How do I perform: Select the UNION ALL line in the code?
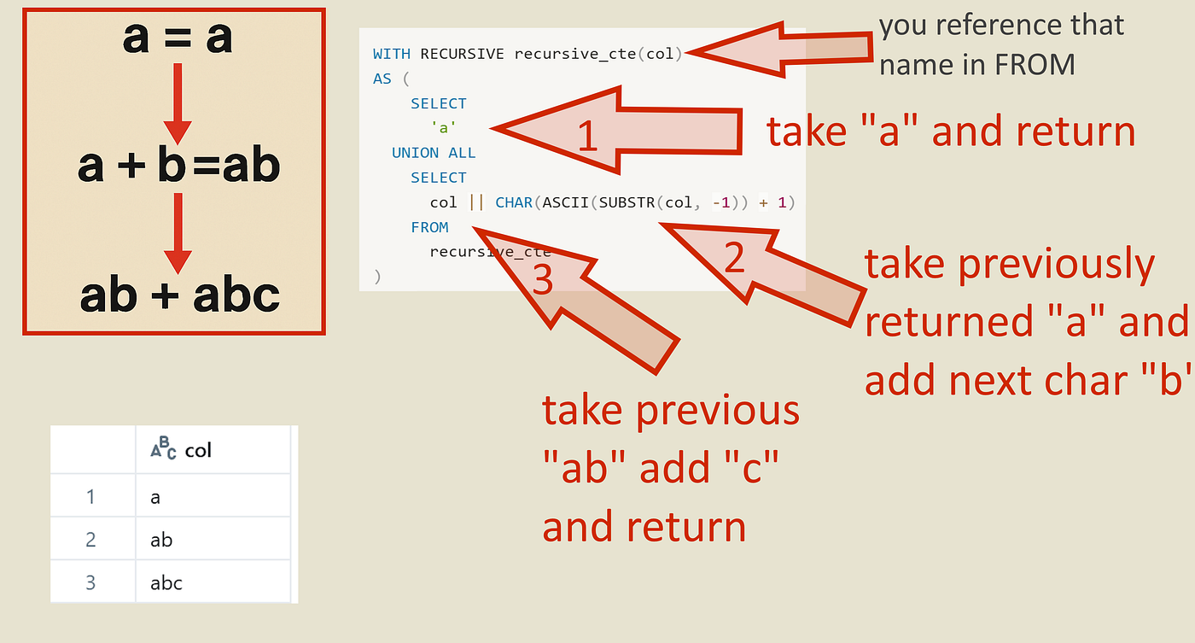[434, 153]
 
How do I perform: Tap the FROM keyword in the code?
[429, 227]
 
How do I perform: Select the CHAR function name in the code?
[514, 203]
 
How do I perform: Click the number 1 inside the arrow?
[587, 136]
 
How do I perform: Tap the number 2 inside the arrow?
[734, 259]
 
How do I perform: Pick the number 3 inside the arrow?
[543, 279]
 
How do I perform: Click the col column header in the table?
[198, 450]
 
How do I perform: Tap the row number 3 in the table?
[90, 583]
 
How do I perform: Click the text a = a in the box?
[177, 38]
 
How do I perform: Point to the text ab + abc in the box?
[179, 295]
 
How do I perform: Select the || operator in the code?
[475, 203]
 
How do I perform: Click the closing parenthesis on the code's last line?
[377, 277]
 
